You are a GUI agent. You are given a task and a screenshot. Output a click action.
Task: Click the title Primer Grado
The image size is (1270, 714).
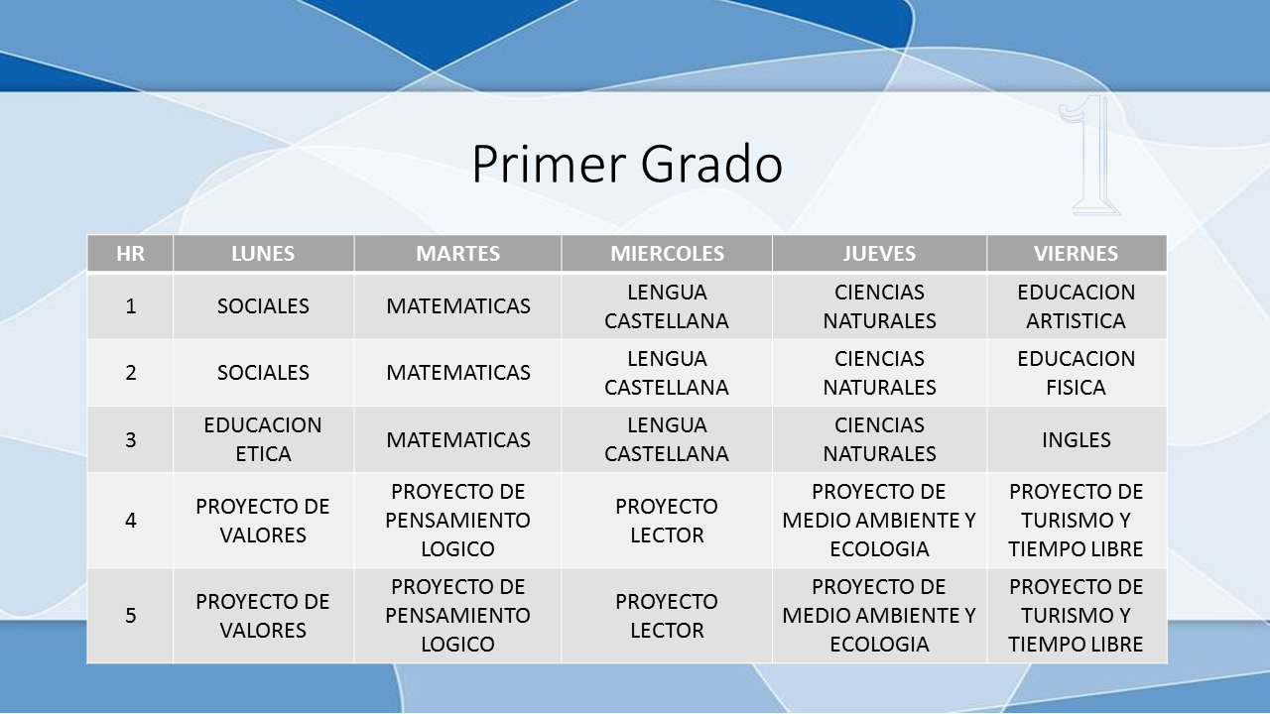627,165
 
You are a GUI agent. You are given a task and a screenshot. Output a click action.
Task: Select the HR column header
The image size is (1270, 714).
130,253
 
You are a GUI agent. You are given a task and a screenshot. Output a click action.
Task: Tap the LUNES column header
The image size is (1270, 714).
263,253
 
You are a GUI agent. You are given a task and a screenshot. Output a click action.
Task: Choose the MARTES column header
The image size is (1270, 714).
458,253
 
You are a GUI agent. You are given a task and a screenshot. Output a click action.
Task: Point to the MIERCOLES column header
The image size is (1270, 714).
667,253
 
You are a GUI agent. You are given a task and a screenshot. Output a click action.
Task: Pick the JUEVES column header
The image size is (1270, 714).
879,253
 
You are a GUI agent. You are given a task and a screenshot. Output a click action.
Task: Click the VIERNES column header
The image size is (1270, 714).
1077,253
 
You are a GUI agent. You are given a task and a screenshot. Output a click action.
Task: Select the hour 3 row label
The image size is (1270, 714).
130,439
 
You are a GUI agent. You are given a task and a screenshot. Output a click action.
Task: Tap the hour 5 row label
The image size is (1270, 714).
130,616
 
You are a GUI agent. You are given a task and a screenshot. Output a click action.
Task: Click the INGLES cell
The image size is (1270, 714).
1077,439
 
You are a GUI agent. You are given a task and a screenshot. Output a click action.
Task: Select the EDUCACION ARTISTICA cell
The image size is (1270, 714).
1077,306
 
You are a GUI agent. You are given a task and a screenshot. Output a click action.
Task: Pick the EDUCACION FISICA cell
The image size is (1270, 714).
1077,373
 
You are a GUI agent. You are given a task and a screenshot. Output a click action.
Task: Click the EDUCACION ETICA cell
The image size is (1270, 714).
263,439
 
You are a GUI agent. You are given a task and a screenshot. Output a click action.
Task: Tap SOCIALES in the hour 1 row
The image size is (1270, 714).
263,306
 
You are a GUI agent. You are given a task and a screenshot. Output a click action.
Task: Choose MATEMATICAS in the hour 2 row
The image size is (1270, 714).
458,373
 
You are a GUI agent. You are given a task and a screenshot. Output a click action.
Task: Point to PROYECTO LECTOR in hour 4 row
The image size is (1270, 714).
667,521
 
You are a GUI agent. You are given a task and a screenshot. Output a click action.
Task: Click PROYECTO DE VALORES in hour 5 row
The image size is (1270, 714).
263,616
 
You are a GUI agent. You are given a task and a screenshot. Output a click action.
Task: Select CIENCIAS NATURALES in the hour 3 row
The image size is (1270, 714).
879,439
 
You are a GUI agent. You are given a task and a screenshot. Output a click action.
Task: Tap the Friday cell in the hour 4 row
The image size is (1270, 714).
1077,521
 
